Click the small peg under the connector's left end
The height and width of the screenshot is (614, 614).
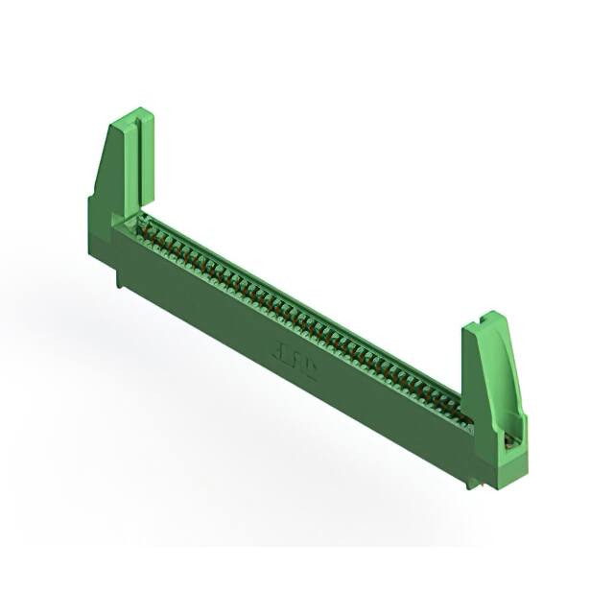tap(118, 277)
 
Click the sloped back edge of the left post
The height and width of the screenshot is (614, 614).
tap(100, 163)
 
